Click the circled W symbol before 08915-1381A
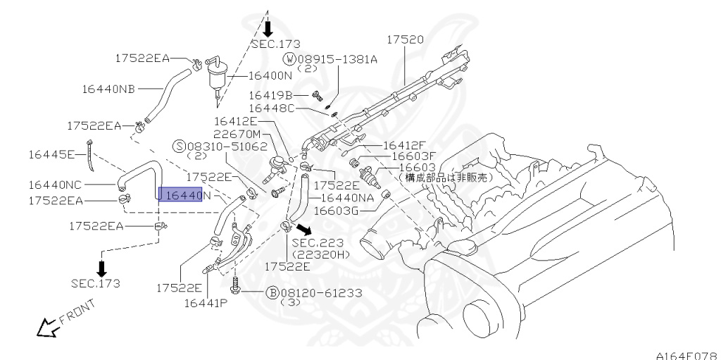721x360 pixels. [x=290, y=59]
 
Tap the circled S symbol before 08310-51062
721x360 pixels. [x=180, y=147]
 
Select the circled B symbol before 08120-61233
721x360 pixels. [x=272, y=292]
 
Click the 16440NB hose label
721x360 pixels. [x=108, y=89]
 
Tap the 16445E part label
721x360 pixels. [x=51, y=154]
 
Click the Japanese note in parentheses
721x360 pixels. [x=446, y=179]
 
